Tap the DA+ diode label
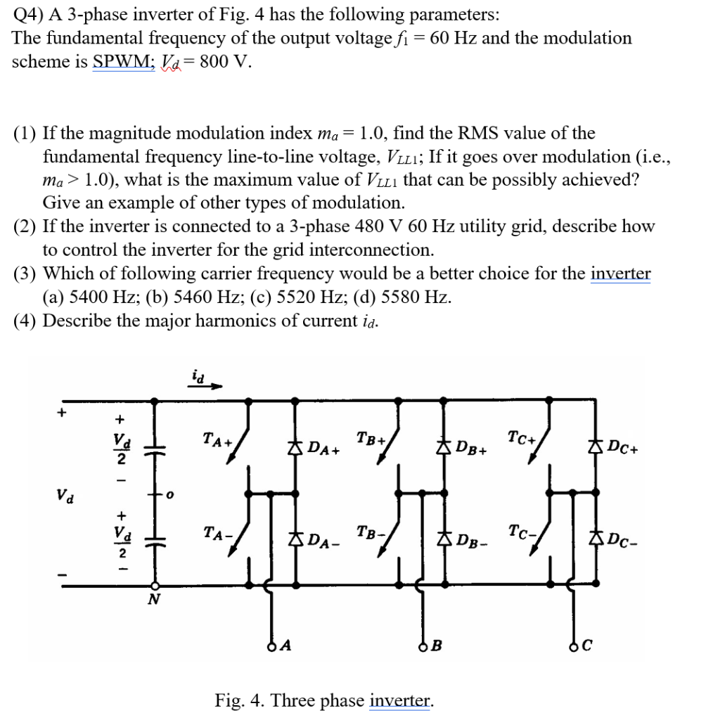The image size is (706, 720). click(x=324, y=448)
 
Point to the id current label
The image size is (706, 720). click(x=199, y=378)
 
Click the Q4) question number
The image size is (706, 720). click(x=26, y=14)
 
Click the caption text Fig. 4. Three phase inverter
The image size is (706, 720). click(x=324, y=700)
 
